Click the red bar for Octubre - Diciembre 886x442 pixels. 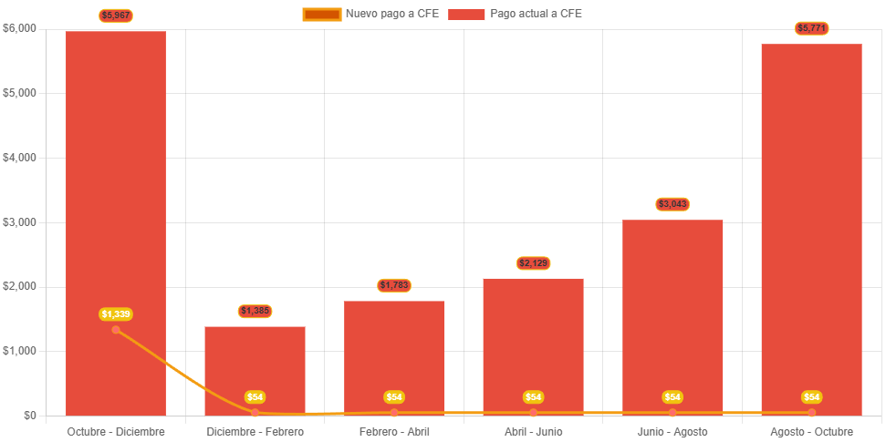pyautogui.click(x=116, y=182)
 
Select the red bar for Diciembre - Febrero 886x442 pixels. pyautogui.click(x=255, y=365)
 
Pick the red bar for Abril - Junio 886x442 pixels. pyautogui.click(x=533, y=342)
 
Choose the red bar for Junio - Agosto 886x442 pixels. pyautogui.click(x=672, y=310)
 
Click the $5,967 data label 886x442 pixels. pyautogui.click(x=116, y=15)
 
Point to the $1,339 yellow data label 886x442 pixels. pyautogui.click(x=116, y=314)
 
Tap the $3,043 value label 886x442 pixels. pyautogui.click(x=672, y=204)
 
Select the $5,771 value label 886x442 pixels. pyautogui.click(x=811, y=28)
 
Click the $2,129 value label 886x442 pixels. pyautogui.click(x=533, y=263)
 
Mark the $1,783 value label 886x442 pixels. pyautogui.click(x=394, y=285)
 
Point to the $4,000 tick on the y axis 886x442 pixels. pyautogui.click(x=20, y=158)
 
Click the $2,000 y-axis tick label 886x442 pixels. pyautogui.click(x=20, y=286)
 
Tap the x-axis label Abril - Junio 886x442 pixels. pyautogui.click(x=533, y=431)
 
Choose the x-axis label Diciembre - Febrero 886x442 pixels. pyautogui.click(x=255, y=431)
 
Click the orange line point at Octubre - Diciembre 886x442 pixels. pyautogui.click(x=116, y=329)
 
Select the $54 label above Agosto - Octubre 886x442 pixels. pyautogui.click(x=811, y=397)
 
